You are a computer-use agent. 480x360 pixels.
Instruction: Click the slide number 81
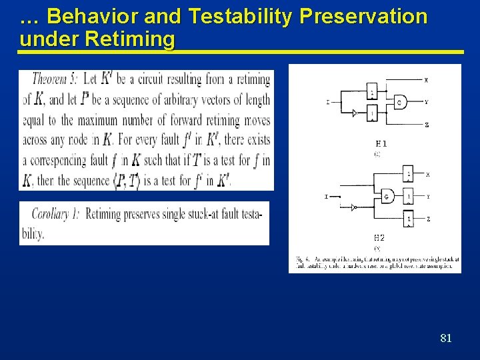pos(446,338)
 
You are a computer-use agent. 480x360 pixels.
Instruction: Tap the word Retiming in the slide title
pos(130,39)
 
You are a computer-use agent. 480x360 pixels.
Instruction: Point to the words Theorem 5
pos(55,79)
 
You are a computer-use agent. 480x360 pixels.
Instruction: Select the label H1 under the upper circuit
pos(381,143)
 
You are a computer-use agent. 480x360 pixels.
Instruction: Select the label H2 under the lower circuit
pos(379,237)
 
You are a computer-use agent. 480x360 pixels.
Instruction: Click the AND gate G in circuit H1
pos(398,102)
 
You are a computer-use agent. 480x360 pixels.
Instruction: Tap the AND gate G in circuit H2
pos(387,196)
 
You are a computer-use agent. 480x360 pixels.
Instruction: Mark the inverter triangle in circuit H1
pos(355,113)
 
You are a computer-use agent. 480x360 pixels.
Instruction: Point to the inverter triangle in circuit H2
pos(355,207)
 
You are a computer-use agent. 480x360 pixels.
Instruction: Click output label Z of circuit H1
pos(426,125)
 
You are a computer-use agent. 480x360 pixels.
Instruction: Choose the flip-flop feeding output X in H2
pos(409,175)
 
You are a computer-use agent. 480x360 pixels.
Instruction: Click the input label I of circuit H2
pos(326,197)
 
